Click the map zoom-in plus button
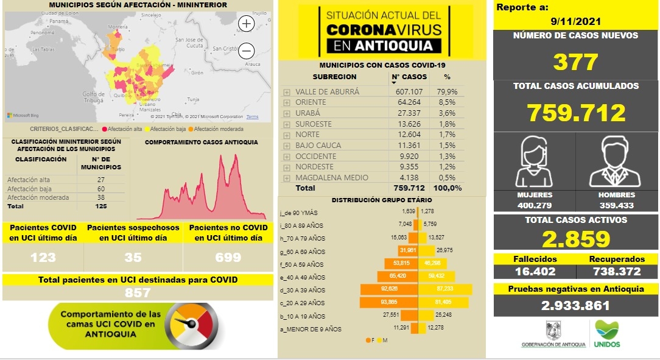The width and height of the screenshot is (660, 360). coord(246,24)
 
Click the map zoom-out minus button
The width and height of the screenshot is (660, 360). coord(246,51)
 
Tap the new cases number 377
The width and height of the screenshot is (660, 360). coord(575,62)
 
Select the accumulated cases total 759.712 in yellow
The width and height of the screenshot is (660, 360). coord(575,113)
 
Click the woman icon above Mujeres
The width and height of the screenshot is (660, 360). coord(533,161)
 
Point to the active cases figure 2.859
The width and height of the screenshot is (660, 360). coord(575,239)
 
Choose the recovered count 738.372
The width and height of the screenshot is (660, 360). coord(616,272)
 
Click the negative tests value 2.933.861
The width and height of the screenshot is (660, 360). coord(575,306)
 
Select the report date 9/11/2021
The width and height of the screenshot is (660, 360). coord(575,21)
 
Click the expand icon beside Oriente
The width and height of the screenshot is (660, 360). coord(286,102)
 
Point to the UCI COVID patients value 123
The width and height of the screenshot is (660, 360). coord(43,257)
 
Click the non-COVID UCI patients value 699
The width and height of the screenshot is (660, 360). coord(228,257)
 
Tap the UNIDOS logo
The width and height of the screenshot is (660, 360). coord(608,334)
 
